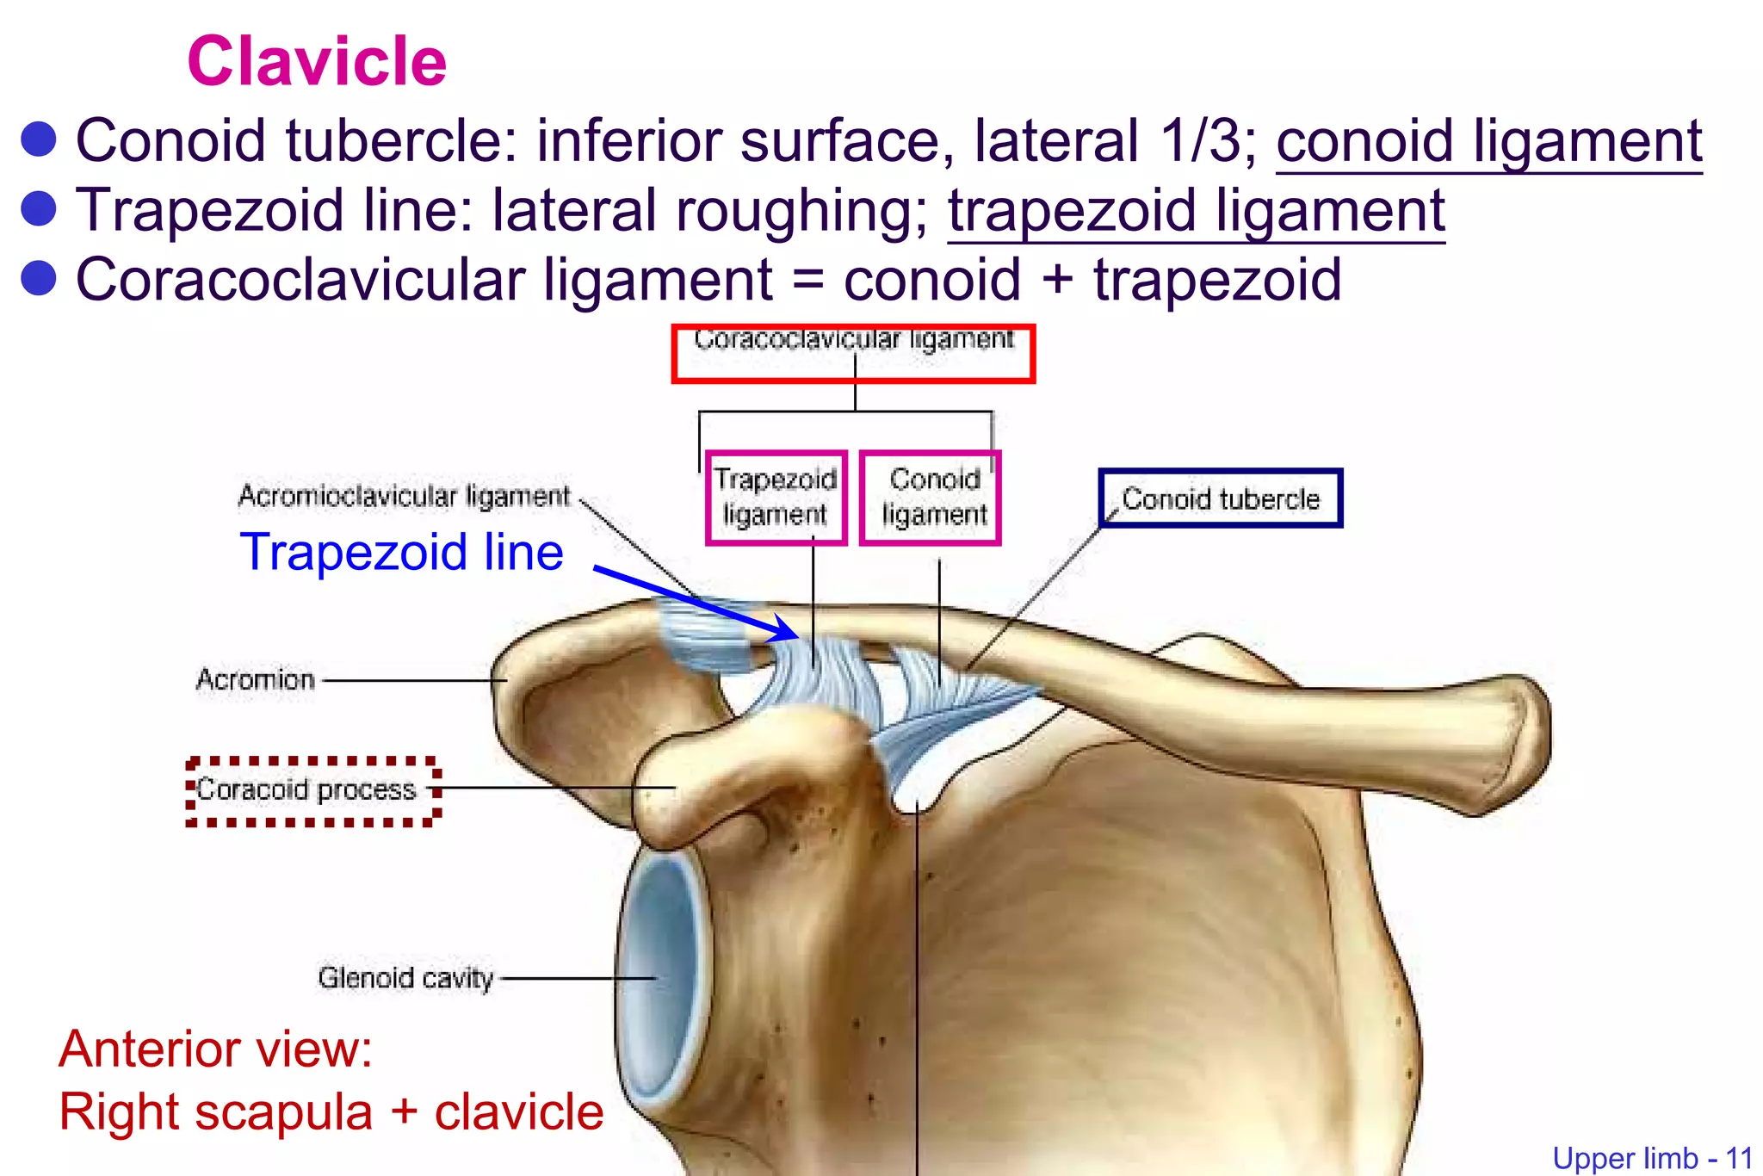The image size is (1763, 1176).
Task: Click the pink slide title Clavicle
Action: (x=317, y=62)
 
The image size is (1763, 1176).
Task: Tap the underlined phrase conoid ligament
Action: (x=1488, y=141)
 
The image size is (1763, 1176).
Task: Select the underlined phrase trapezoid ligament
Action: (x=1196, y=211)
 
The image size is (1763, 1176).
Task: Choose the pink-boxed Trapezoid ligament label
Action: (x=776, y=498)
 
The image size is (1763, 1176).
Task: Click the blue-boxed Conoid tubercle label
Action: (x=1220, y=498)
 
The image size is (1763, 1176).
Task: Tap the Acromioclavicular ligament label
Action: (x=404, y=496)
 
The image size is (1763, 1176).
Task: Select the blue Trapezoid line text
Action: (x=401, y=552)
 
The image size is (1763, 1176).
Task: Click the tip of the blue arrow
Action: (x=797, y=637)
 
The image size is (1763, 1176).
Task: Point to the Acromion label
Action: (x=256, y=680)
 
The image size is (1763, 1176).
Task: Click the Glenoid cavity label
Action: (x=405, y=978)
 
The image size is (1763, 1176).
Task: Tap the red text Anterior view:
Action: (x=215, y=1049)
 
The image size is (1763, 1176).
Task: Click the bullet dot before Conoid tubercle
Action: (x=39, y=140)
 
